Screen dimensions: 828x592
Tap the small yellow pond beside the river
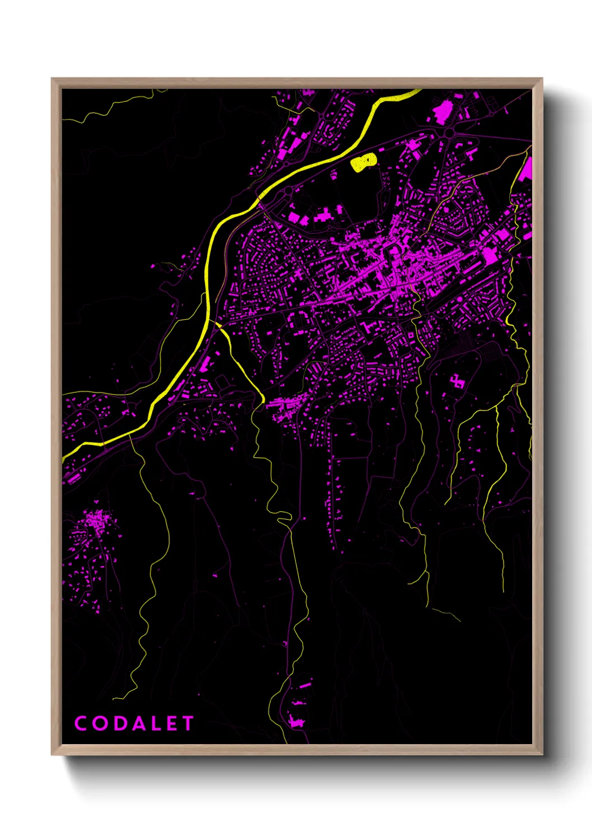tap(363, 162)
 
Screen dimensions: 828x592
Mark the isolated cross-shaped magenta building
tap(457, 382)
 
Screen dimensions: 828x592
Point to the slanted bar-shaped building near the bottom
tap(305, 685)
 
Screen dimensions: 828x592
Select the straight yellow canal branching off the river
tap(241, 361)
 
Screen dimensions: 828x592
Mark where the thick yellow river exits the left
tap(65, 456)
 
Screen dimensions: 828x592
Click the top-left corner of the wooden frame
tap(53, 79)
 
